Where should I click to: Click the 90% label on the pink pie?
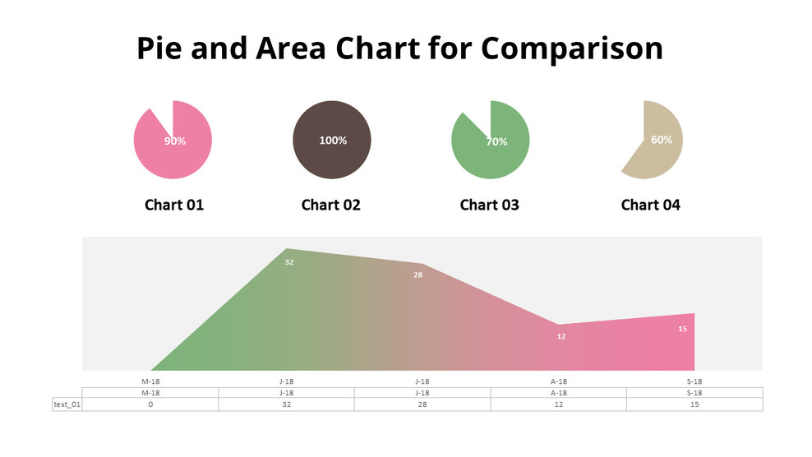point(174,141)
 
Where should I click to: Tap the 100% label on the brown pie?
point(333,141)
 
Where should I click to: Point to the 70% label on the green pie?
point(496,141)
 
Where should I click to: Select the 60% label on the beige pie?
point(662,140)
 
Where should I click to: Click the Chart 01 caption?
point(174,205)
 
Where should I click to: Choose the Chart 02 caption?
point(331,205)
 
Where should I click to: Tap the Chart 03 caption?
point(490,205)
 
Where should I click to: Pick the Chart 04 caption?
point(651,205)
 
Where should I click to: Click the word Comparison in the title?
point(572,49)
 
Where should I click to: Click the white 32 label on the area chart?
point(289,262)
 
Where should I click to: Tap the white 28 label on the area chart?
point(418,275)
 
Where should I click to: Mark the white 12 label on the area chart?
point(561,336)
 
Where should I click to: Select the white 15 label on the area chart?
point(682,329)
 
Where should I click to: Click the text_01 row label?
point(67,404)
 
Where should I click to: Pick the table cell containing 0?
point(150,404)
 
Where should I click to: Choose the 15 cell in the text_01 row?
point(694,404)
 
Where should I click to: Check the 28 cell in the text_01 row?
point(422,404)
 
